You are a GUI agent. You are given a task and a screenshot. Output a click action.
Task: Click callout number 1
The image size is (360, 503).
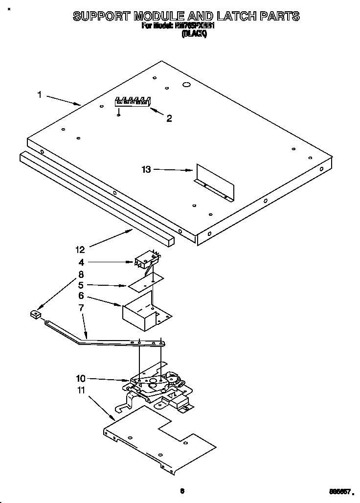click(40, 95)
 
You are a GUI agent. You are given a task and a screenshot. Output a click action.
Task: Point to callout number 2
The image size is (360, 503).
click(169, 118)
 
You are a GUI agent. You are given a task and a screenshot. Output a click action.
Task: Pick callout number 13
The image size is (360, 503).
click(146, 170)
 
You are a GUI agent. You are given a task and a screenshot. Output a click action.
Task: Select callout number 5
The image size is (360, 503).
click(81, 285)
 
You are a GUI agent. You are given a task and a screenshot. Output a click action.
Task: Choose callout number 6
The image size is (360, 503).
click(81, 296)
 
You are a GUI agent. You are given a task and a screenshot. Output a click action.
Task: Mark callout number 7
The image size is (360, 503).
click(81, 308)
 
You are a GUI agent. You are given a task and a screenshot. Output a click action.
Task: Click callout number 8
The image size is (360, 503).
click(81, 274)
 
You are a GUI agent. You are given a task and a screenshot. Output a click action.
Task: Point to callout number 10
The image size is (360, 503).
click(81, 378)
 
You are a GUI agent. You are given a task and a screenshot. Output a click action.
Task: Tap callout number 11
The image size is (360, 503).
click(81, 390)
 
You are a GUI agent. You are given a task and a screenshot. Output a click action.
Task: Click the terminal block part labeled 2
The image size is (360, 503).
click(132, 101)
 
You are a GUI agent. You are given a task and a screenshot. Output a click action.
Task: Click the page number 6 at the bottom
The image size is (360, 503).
click(181, 491)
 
